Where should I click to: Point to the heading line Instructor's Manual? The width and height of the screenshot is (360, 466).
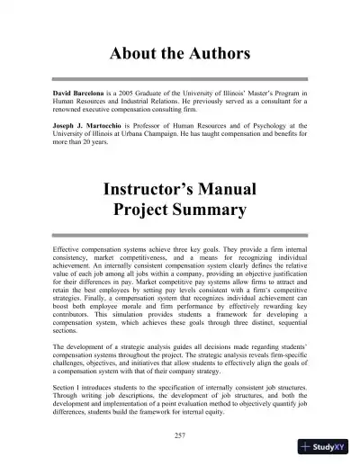tap(180, 190)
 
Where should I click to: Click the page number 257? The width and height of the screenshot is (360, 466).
tap(180, 435)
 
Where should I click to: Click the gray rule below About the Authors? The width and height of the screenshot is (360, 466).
tap(180, 80)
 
